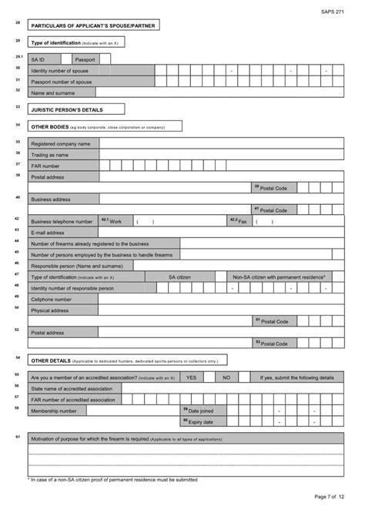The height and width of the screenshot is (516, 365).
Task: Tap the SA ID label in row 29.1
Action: [38, 59]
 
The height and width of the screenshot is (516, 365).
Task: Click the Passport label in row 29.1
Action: [85, 59]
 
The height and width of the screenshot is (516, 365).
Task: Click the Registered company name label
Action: [61, 143]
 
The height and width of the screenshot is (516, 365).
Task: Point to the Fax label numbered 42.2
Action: [239, 221]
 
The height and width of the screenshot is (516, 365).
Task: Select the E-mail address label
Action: [48, 232]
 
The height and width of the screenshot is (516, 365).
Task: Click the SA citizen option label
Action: [179, 276]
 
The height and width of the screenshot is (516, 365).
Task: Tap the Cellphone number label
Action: [51, 299]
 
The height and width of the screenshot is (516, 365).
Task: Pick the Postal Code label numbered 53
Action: [273, 343]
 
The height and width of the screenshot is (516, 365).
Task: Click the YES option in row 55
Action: [191, 377]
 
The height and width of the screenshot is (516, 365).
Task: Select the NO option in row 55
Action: [226, 377]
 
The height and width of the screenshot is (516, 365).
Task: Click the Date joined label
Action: [199, 410]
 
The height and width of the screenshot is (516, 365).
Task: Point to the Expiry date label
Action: [199, 421]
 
